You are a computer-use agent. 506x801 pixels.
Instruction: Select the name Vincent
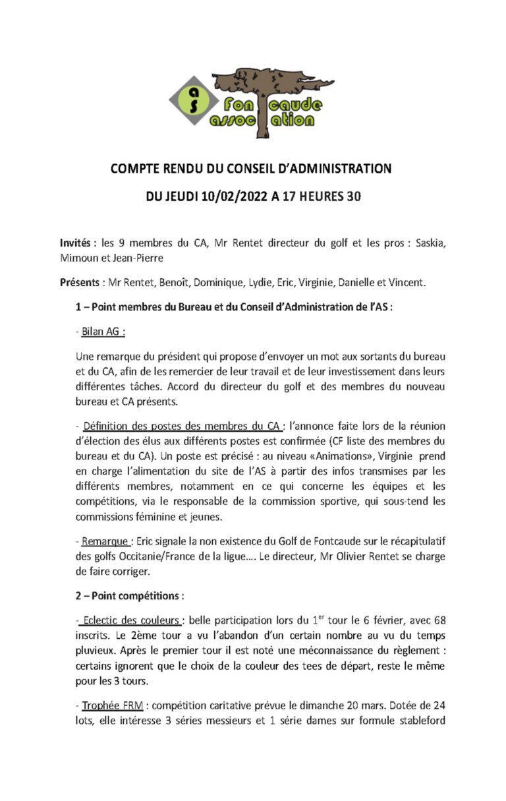tap(407, 283)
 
